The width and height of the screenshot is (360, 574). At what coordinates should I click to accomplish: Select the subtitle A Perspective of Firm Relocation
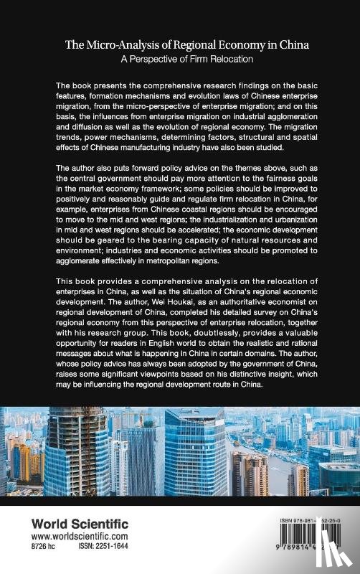[179, 58]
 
